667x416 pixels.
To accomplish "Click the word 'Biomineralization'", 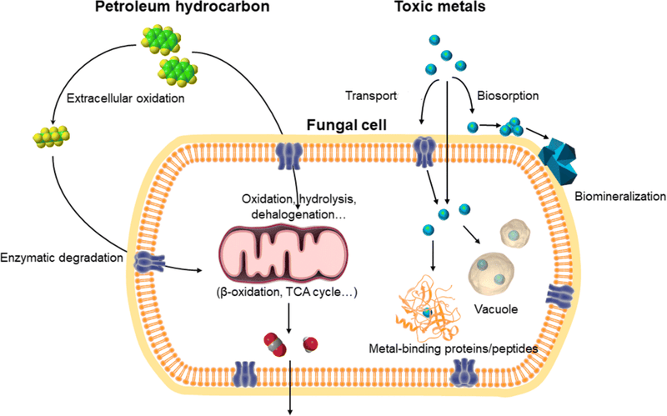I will pyautogui.click(x=620, y=198).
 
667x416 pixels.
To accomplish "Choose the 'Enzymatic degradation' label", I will pyautogui.click(x=63, y=259).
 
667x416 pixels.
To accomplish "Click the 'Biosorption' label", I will pyautogui.click(x=509, y=95).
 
